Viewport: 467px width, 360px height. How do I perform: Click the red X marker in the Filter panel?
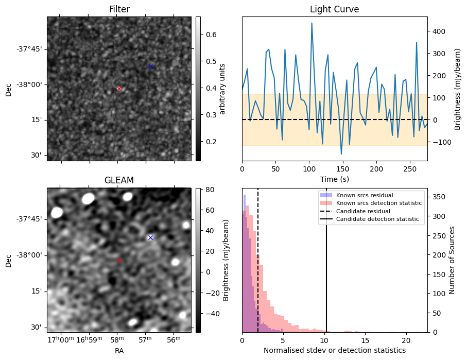point(119,89)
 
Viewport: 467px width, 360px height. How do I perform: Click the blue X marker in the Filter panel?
point(150,66)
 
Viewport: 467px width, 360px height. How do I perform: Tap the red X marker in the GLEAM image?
point(119,260)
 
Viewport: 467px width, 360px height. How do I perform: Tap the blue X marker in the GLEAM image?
point(150,237)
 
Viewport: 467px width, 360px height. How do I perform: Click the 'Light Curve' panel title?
point(334,9)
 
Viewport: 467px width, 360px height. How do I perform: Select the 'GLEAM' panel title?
point(119,180)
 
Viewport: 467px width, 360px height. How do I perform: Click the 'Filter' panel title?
point(119,9)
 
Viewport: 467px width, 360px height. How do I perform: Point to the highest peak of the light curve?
point(312,23)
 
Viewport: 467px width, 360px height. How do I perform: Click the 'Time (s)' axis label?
point(334,179)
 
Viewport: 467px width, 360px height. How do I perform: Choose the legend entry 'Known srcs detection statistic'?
point(378,203)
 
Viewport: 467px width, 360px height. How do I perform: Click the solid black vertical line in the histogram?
point(326,268)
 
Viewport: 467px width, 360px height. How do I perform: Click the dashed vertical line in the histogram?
point(258,268)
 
